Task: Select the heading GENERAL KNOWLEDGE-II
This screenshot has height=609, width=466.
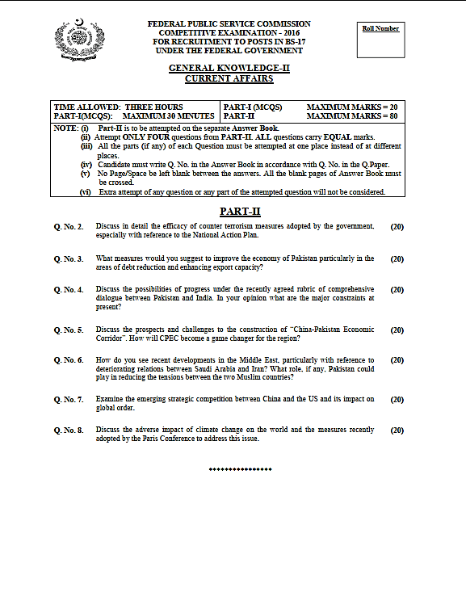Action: (229, 69)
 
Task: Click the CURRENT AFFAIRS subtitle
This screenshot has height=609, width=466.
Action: (229, 79)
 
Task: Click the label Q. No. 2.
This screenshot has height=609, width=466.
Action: (69, 227)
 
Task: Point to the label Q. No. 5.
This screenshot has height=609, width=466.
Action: (69, 330)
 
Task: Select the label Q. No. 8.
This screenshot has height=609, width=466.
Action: (69, 430)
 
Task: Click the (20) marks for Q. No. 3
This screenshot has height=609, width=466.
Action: (397, 259)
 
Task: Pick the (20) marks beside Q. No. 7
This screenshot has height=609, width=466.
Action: (397, 400)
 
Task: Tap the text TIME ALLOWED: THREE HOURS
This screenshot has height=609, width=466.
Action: (118, 107)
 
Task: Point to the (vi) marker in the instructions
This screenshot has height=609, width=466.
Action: (85, 192)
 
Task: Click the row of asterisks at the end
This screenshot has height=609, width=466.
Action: (241, 469)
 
